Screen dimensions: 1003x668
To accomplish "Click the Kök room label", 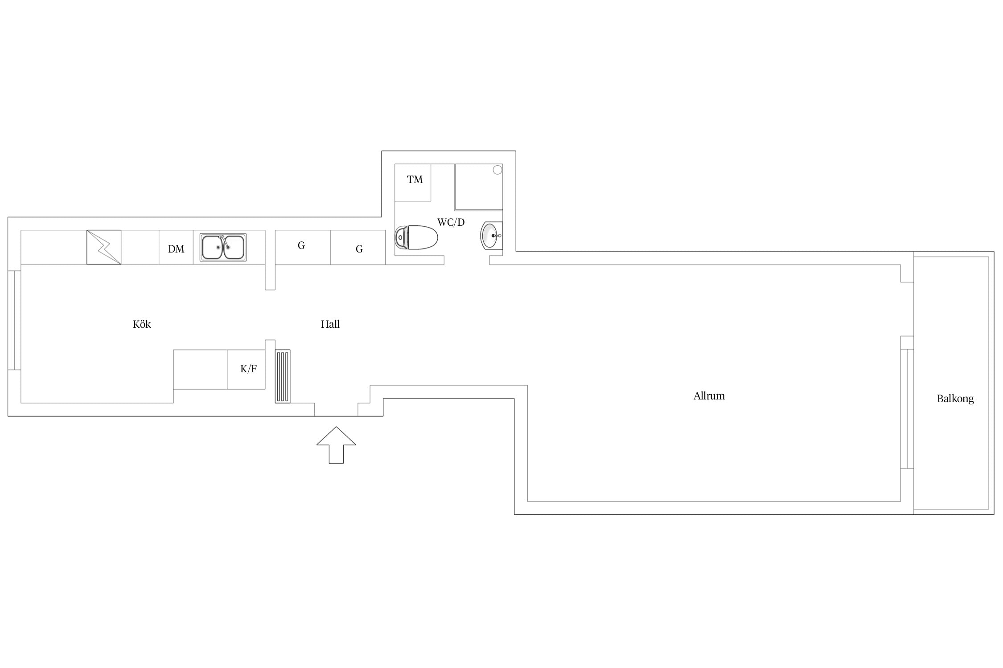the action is pyautogui.click(x=142, y=324).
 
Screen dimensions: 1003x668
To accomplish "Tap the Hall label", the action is pyautogui.click(x=330, y=324).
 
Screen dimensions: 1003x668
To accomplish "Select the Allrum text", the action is pyautogui.click(x=709, y=396).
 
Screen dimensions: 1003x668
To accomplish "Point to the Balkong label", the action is pyautogui.click(x=955, y=399).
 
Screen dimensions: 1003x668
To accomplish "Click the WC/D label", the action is pyautogui.click(x=451, y=222).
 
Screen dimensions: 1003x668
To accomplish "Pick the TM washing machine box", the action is pyautogui.click(x=413, y=183).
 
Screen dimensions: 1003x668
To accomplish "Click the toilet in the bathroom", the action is pyautogui.click(x=416, y=237).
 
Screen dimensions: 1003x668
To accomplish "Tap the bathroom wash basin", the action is pyautogui.click(x=492, y=235).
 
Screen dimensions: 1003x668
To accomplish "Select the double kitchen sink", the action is pyautogui.click(x=223, y=247).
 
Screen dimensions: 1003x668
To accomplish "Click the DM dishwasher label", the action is pyautogui.click(x=176, y=249).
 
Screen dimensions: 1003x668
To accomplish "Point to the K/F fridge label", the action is pyautogui.click(x=249, y=369).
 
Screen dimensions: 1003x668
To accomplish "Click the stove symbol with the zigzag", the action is pyautogui.click(x=104, y=247).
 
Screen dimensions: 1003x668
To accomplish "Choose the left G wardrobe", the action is pyautogui.click(x=303, y=247).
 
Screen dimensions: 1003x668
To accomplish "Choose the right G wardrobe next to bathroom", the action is pyautogui.click(x=358, y=247).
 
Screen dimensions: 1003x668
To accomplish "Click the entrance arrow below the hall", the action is pyautogui.click(x=336, y=445).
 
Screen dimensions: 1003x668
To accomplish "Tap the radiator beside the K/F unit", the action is pyautogui.click(x=283, y=376).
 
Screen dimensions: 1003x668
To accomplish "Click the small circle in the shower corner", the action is pyautogui.click(x=497, y=170).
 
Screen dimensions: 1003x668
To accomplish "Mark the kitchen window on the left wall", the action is pyautogui.click(x=14, y=320).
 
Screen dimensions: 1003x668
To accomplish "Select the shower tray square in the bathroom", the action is pyautogui.click(x=479, y=187).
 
